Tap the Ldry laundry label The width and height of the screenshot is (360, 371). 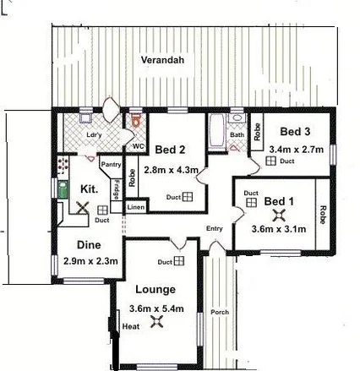pos(95,134)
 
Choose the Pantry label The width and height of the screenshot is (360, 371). pos(111,165)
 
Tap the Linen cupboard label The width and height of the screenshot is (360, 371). pos(135,205)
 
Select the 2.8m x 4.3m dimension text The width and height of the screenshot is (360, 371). pos(171,170)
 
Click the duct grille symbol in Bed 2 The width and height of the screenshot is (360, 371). pos(188,196)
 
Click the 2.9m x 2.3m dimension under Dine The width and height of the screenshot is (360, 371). pos(87,260)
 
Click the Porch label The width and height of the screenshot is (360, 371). pos(220,312)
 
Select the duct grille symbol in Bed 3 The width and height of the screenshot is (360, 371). pos(272,161)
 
